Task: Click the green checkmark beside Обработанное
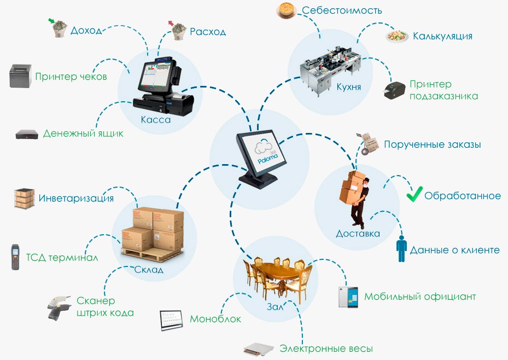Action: tap(414, 194)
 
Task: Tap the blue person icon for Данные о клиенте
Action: tap(402, 249)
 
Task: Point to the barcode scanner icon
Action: tap(59, 308)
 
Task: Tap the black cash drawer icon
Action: tap(27, 133)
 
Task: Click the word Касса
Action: tap(156, 120)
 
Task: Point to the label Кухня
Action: tap(349, 86)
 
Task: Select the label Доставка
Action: tap(358, 234)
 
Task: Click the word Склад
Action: tap(149, 269)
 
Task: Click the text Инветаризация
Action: tap(76, 198)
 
